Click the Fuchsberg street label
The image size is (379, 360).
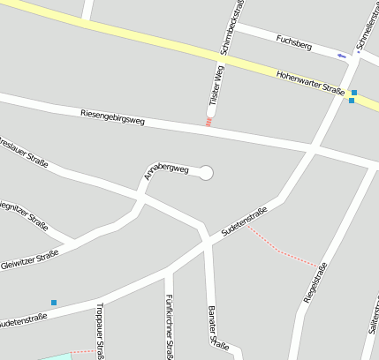(x=294, y=40)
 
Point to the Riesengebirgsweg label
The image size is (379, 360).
(x=112, y=115)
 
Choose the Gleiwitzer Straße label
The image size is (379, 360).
(x=29, y=259)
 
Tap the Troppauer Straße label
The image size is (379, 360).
(x=100, y=331)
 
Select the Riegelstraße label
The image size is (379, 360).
(x=315, y=282)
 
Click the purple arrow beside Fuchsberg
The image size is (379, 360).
(x=341, y=56)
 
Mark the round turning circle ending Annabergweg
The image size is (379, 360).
(x=206, y=173)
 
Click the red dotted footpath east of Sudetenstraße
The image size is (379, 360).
(x=283, y=248)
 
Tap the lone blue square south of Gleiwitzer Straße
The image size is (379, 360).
(x=54, y=303)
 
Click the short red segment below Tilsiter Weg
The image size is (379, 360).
(x=208, y=123)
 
